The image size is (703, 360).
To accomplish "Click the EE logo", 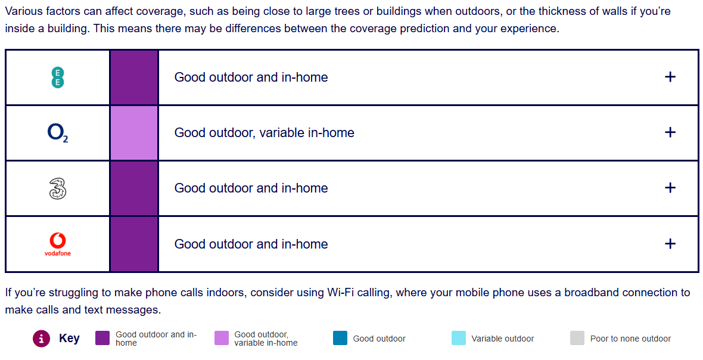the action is pyautogui.click(x=57, y=77).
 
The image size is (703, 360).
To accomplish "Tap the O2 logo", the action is pyautogui.click(x=58, y=133).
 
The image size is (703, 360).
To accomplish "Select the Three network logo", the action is pyautogui.click(x=57, y=188).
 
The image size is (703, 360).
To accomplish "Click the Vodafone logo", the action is pyautogui.click(x=57, y=244).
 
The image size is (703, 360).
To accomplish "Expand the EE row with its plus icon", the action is pyautogui.click(x=670, y=77).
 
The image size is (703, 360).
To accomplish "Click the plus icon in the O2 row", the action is pyautogui.click(x=670, y=133).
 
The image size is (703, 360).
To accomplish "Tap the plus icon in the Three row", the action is pyautogui.click(x=670, y=188).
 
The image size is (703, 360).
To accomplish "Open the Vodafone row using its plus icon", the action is pyautogui.click(x=670, y=244).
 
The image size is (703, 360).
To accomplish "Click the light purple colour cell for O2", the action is pyautogui.click(x=134, y=133).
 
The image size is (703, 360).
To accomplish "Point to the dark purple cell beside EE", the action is pyautogui.click(x=134, y=77).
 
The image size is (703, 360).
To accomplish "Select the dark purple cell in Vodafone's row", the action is pyautogui.click(x=134, y=244).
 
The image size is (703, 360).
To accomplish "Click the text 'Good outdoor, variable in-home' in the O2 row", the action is pyautogui.click(x=264, y=133).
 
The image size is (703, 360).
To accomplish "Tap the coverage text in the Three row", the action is pyautogui.click(x=251, y=188).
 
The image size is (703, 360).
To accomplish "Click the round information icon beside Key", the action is pyautogui.click(x=41, y=339).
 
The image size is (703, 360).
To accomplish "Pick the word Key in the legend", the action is pyautogui.click(x=69, y=339).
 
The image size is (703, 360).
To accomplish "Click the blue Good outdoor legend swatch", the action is pyautogui.click(x=340, y=338).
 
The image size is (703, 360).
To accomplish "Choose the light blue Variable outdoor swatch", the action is pyautogui.click(x=459, y=338).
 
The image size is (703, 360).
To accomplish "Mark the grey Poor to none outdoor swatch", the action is pyautogui.click(x=577, y=338).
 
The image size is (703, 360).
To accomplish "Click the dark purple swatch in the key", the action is pyautogui.click(x=102, y=338).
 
